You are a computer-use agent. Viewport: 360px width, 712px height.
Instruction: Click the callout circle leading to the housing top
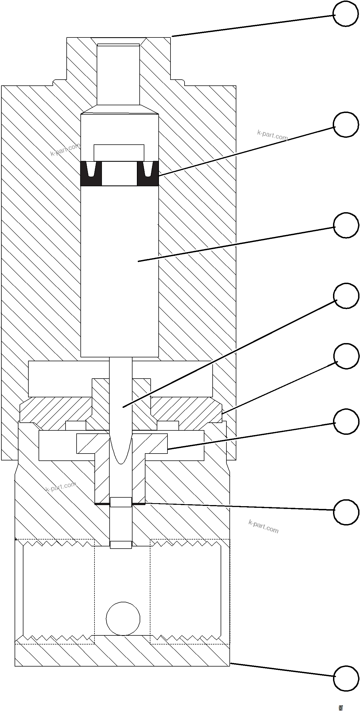(345, 14)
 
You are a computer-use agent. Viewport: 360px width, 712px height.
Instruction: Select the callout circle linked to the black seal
(346, 124)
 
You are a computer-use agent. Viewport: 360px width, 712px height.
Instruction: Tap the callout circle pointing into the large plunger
(346, 225)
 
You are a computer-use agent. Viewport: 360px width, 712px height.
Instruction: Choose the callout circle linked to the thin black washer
(346, 512)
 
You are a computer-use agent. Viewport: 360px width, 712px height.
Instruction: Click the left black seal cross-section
(91, 174)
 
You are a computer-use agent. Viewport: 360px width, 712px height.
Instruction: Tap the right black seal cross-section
(148, 174)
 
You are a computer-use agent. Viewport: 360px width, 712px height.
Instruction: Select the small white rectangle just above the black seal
(119, 153)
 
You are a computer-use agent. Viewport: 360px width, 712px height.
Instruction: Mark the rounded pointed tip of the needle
(121, 453)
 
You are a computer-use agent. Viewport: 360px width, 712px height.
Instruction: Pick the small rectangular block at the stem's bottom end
(121, 545)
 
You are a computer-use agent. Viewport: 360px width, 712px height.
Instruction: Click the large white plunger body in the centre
(119, 271)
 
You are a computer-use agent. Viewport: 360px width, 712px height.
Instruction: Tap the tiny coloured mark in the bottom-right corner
(341, 708)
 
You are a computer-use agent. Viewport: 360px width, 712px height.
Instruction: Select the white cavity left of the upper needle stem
(60, 379)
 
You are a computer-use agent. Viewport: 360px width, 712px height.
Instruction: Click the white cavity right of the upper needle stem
(182, 379)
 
